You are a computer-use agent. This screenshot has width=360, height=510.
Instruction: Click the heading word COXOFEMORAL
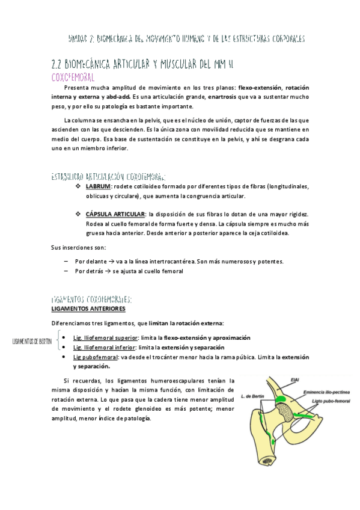(73, 78)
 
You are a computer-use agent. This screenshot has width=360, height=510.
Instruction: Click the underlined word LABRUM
(99, 186)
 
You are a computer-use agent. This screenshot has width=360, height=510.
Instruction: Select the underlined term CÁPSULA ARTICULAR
(115, 214)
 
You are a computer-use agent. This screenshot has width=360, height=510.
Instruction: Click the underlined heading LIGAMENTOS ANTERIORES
(88, 309)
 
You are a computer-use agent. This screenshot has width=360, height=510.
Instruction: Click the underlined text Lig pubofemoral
(96, 357)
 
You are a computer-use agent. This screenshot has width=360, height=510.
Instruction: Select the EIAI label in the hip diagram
(294, 379)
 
